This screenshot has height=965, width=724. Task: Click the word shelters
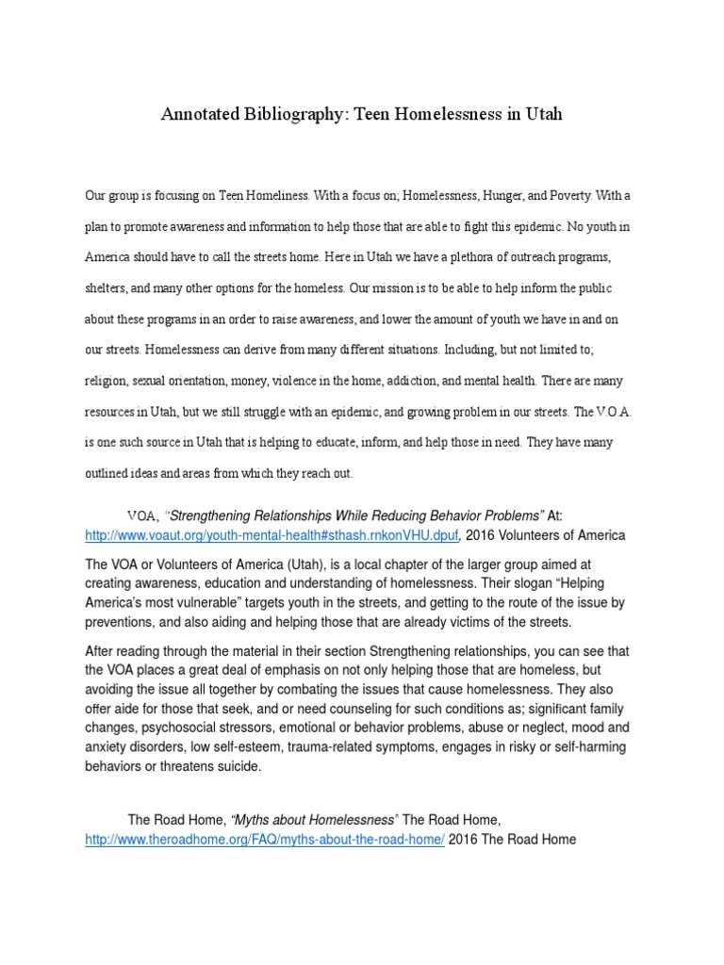[107, 287]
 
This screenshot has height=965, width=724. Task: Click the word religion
[107, 380]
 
